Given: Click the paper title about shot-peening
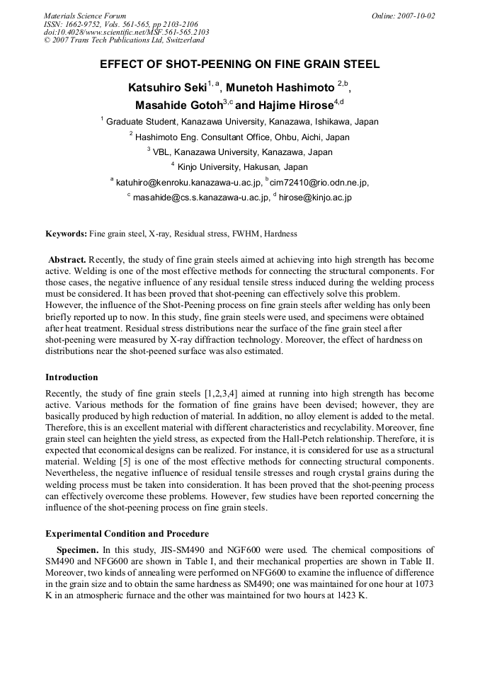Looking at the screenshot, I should pyautogui.click(x=239, y=64).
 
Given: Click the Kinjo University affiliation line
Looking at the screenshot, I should pyautogui.click(x=239, y=167).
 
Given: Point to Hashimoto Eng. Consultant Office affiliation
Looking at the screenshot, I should pyautogui.click(x=239, y=137).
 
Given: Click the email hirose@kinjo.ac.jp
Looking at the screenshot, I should pyautogui.click(x=315, y=198).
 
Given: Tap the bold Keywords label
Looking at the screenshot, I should pyautogui.click(x=66, y=234).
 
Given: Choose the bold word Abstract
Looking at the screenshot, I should pyautogui.click(x=67, y=261).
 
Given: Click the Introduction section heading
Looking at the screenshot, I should pyautogui.click(x=72, y=377).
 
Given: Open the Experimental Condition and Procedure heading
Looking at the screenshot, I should pyautogui.click(x=127, y=533).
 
